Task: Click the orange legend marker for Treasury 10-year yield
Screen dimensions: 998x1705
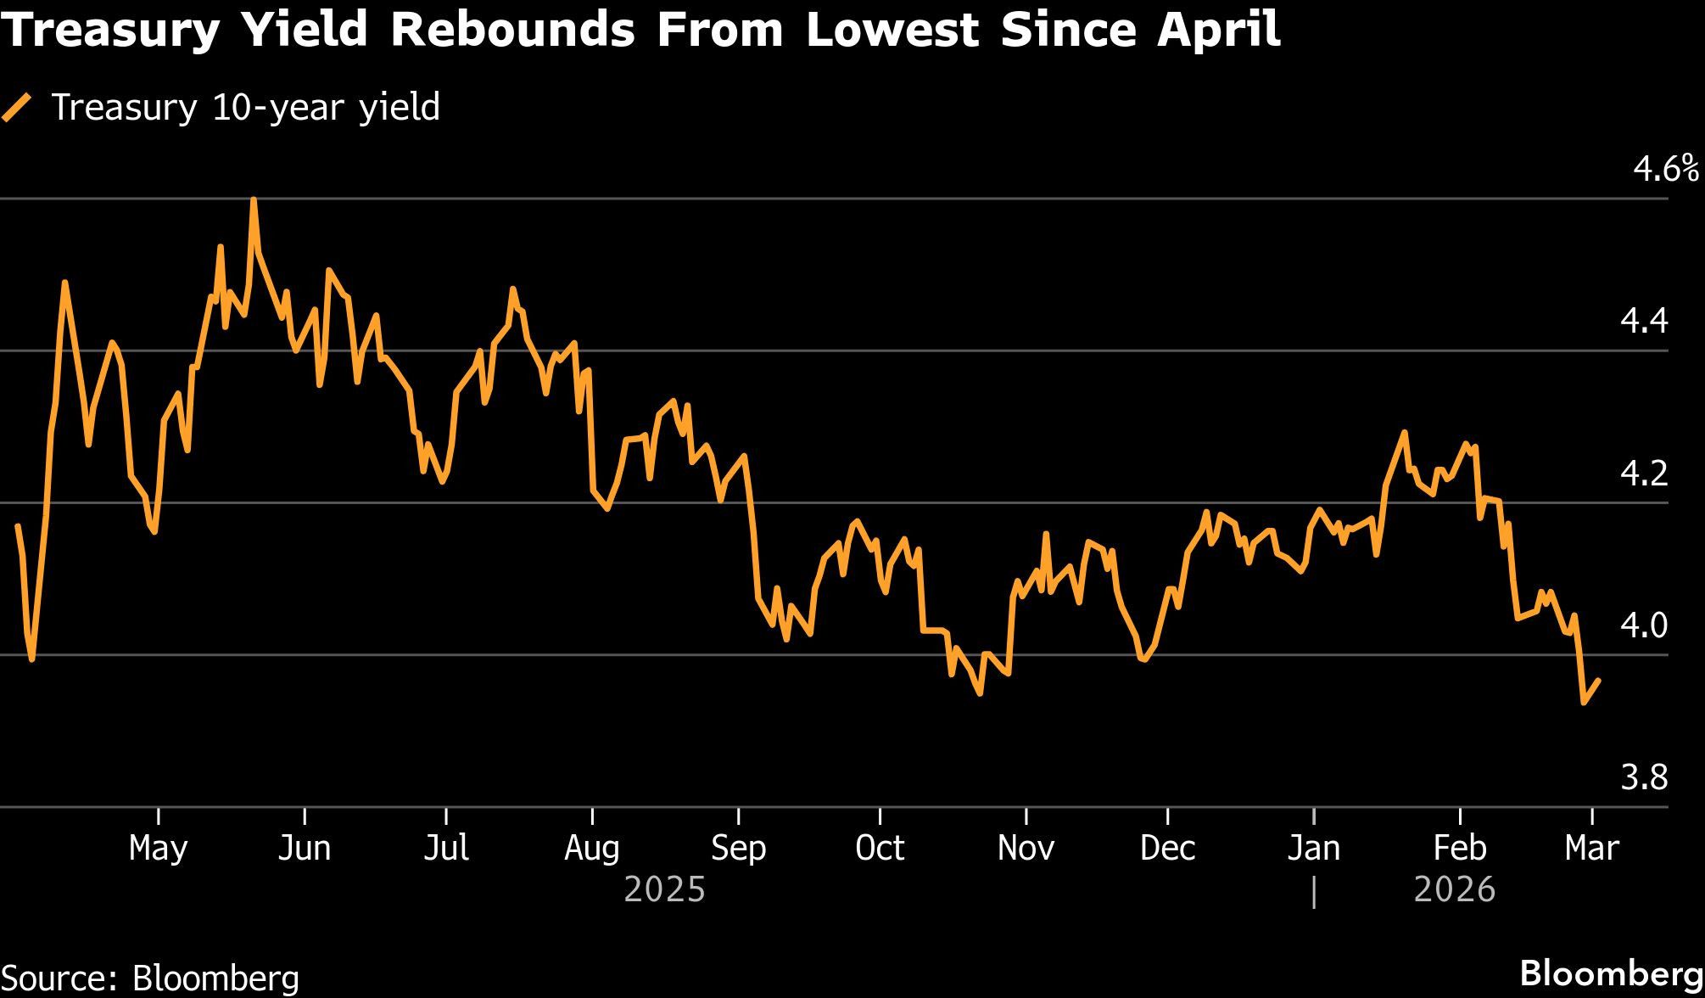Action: [16, 108]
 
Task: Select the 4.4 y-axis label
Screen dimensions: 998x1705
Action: [1644, 322]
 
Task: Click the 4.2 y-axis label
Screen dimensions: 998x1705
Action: [1644, 474]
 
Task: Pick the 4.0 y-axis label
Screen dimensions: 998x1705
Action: [1644, 626]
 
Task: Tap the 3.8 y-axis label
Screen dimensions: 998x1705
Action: [1644, 777]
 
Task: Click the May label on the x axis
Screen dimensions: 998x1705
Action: [159, 848]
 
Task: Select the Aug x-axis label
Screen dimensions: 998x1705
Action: [592, 848]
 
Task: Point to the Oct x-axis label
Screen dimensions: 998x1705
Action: [880, 848]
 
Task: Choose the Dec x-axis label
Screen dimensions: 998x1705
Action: [1168, 848]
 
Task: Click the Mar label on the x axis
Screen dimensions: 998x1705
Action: [1592, 848]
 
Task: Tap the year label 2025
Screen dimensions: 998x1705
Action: [665, 889]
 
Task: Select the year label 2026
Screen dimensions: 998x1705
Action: [1455, 889]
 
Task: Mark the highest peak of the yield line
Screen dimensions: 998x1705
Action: [254, 200]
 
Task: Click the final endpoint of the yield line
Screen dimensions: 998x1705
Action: [1599, 680]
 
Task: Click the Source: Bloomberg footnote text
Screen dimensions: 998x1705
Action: [150, 978]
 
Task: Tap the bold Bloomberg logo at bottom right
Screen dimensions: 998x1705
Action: [1611, 973]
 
